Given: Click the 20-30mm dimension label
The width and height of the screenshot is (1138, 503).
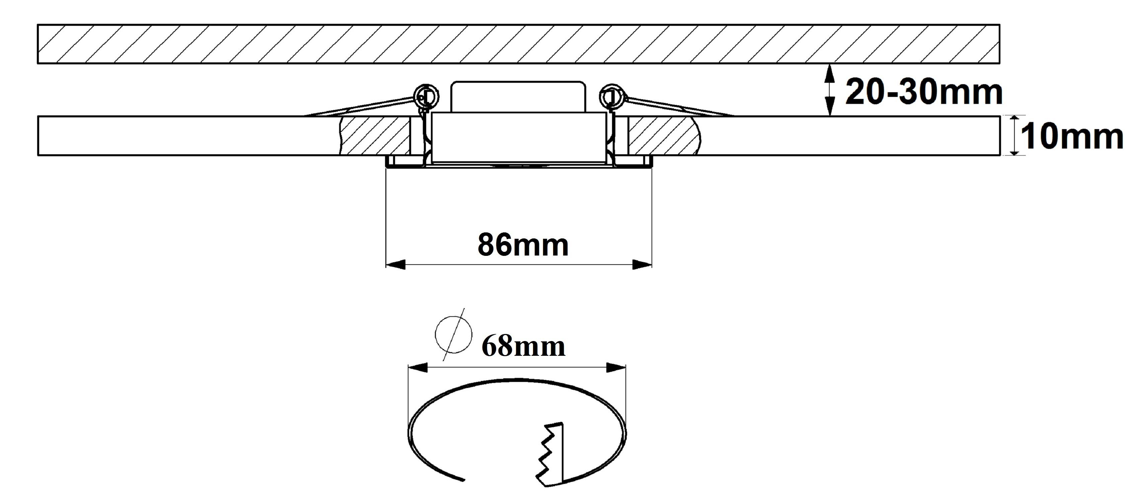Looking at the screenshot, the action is click(924, 93).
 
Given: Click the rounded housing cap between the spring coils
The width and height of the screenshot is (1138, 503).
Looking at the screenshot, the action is click(517, 97).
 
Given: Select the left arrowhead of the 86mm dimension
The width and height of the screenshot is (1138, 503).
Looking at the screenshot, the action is click(396, 265).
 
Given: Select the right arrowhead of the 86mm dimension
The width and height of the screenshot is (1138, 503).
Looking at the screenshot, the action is click(642, 265).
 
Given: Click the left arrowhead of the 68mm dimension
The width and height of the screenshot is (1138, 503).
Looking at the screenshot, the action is click(418, 368).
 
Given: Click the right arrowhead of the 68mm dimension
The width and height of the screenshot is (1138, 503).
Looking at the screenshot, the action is click(616, 368).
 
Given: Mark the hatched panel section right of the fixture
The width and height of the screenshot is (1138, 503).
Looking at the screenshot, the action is click(665, 135).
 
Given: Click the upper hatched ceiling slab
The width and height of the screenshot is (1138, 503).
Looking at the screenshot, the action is click(519, 44).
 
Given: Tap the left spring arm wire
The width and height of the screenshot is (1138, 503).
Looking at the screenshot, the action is click(360, 107).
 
